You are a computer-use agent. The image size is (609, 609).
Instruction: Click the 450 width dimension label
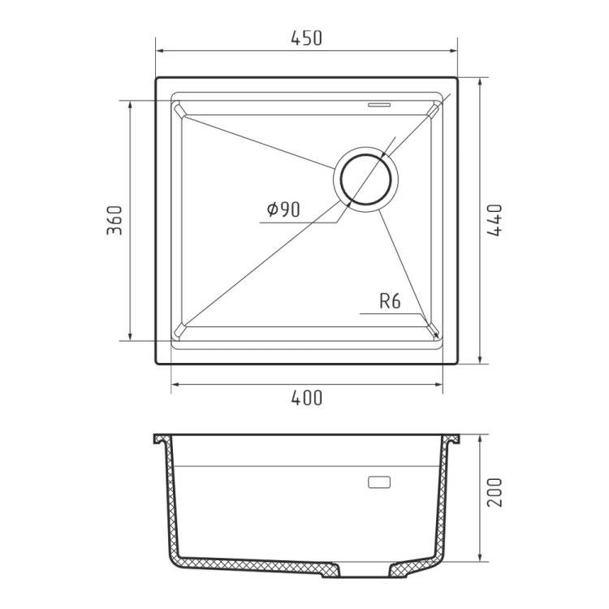coord(306,38)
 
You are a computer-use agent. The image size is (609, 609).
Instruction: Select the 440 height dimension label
coord(495,220)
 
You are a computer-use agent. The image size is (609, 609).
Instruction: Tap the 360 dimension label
coord(114,220)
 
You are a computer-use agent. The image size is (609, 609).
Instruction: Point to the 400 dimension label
coord(306,398)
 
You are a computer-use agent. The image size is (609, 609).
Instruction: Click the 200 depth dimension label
coord(495,492)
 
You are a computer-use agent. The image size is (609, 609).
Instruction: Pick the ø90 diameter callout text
coord(283,209)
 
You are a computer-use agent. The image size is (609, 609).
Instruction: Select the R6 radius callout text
coord(390,301)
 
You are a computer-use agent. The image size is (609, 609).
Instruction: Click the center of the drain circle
coord(365,179)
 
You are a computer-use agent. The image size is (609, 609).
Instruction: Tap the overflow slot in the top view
coord(379,104)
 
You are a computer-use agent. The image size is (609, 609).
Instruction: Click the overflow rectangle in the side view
coord(379,482)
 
